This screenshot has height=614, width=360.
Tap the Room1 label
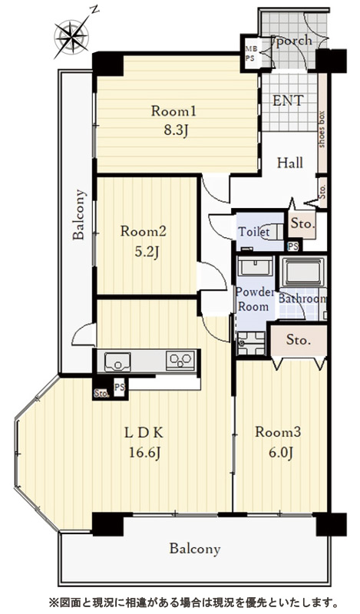(x=173, y=111)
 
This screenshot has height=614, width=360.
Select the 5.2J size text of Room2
(x=147, y=253)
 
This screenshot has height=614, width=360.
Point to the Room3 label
(x=278, y=432)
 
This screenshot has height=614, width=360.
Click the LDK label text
(x=144, y=433)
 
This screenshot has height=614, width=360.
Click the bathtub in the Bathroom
(x=303, y=272)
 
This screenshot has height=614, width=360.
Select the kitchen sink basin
(x=118, y=361)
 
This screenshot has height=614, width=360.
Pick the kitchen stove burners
(x=180, y=360)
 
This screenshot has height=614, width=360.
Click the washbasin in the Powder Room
(x=255, y=267)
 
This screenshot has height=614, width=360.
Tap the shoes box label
(x=322, y=130)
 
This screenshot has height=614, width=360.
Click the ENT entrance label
(x=288, y=101)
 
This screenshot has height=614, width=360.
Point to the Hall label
(x=290, y=163)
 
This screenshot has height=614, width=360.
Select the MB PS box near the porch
(x=250, y=53)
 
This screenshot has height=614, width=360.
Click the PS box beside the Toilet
(x=293, y=246)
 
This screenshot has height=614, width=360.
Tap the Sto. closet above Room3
(x=299, y=339)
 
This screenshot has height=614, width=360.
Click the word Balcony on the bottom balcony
(x=195, y=549)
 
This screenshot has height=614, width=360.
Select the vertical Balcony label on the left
(x=79, y=214)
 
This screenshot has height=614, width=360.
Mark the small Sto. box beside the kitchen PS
(x=101, y=394)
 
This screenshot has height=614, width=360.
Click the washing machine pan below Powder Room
(x=251, y=343)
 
